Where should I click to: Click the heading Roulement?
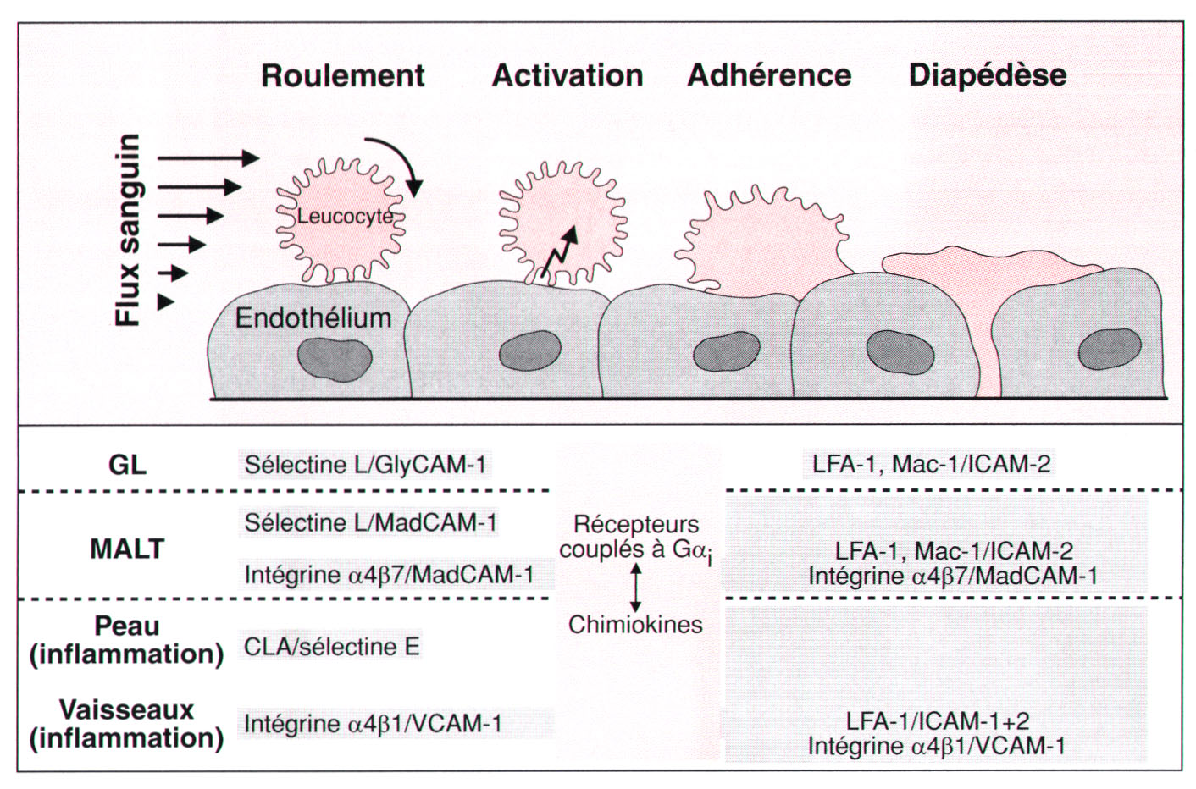(342, 75)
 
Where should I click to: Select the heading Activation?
(568, 75)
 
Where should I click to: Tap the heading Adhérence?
(769, 75)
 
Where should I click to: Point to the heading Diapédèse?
(988, 75)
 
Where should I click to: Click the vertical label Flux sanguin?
(128, 230)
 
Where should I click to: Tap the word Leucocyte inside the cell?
(345, 217)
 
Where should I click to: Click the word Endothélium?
(313, 318)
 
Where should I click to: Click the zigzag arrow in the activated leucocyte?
(560, 253)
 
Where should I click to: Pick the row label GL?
(127, 465)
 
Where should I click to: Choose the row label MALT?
(127, 549)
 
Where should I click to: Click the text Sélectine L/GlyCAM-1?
(365, 465)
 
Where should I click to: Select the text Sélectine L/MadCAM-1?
(370, 522)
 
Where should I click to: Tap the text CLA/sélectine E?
(331, 647)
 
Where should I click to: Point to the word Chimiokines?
(635, 625)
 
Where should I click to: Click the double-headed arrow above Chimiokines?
(635, 587)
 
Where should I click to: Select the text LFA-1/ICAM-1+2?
(938, 720)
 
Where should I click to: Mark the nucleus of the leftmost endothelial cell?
(324, 359)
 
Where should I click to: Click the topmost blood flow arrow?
(208, 157)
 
